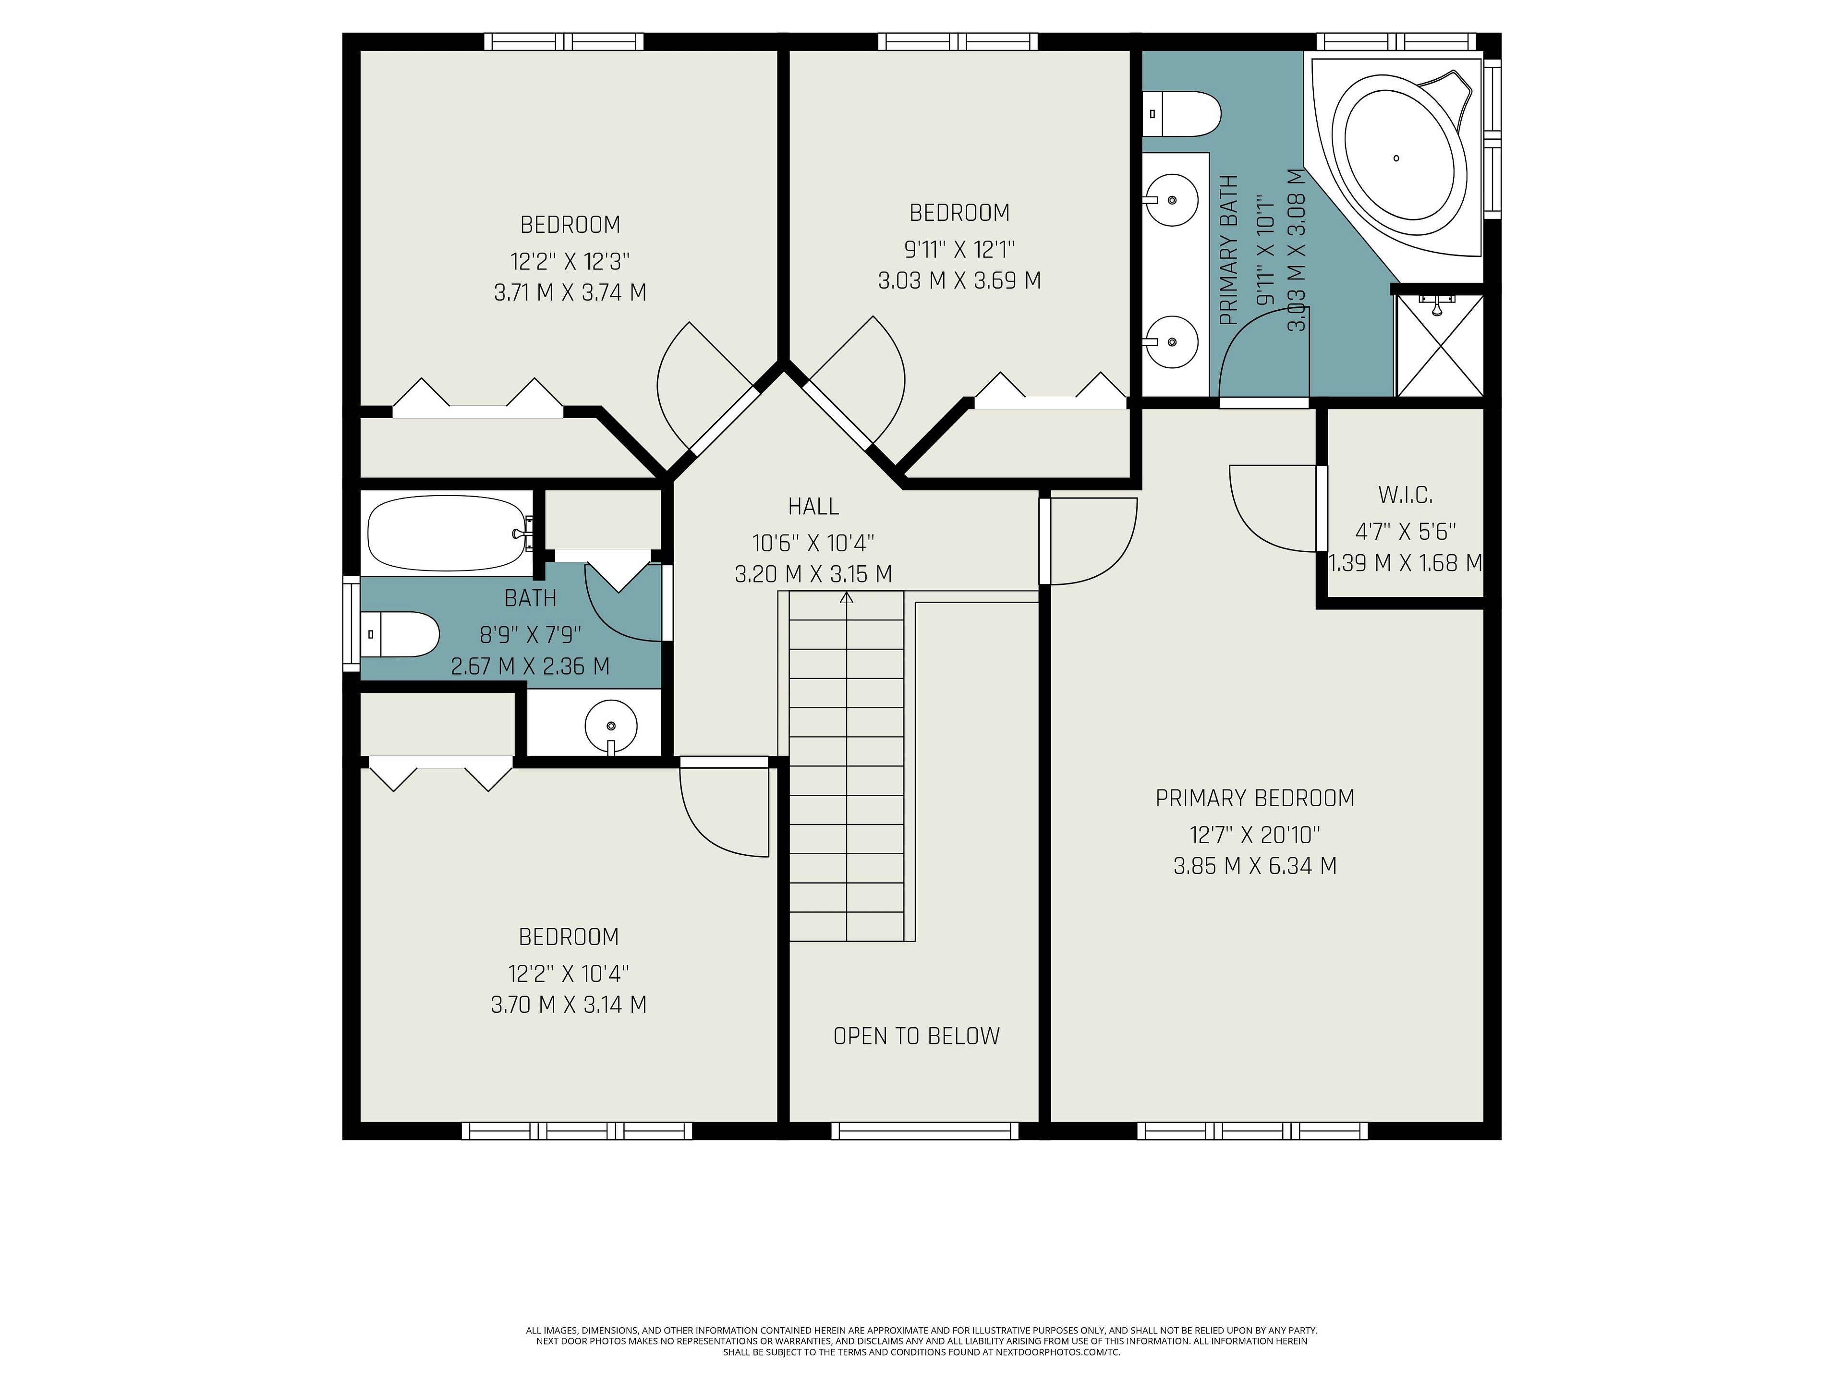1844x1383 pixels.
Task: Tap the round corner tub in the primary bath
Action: pyautogui.click(x=1398, y=156)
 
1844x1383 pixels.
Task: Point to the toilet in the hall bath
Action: pyautogui.click(x=400, y=634)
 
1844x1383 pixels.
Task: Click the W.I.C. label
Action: pyautogui.click(x=1406, y=495)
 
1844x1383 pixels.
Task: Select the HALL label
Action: pyautogui.click(x=813, y=506)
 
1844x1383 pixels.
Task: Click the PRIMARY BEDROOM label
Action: pyautogui.click(x=1255, y=799)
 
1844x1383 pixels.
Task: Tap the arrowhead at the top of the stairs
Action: pyautogui.click(x=847, y=597)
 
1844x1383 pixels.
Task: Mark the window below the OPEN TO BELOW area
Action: pyautogui.click(x=924, y=1131)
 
